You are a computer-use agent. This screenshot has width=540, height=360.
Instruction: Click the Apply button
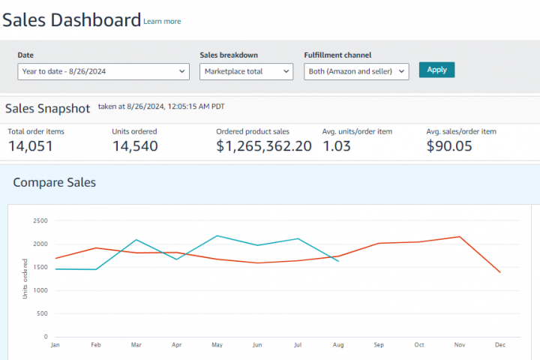tap(436, 70)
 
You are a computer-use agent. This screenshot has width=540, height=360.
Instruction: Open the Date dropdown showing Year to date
tap(103, 71)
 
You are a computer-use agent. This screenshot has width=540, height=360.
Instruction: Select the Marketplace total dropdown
tap(246, 71)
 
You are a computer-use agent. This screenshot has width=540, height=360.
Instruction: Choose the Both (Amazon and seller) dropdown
tap(356, 71)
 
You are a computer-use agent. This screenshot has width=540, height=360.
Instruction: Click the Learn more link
tap(162, 22)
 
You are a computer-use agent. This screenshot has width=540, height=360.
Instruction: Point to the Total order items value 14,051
tap(31, 146)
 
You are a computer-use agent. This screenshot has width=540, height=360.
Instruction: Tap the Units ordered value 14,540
tap(135, 146)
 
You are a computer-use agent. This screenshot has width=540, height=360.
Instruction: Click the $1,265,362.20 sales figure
tap(264, 146)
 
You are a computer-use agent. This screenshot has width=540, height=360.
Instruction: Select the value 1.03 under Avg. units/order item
tap(337, 146)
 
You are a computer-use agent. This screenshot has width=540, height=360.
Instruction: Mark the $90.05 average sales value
tap(449, 146)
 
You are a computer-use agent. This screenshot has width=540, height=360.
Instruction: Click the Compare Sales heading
tap(55, 182)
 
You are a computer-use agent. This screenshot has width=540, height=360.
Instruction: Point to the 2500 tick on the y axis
tap(40, 220)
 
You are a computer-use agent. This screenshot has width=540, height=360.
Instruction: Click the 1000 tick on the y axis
tap(40, 290)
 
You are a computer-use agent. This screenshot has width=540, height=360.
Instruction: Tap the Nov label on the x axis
tap(459, 346)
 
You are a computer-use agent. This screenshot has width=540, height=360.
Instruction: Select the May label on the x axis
tap(217, 346)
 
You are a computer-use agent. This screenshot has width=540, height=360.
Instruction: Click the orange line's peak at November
tap(460, 236)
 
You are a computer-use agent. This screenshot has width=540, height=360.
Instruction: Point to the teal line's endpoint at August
tap(338, 260)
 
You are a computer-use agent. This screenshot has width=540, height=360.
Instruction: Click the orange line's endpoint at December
tap(500, 272)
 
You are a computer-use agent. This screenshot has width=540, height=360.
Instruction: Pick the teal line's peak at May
tap(217, 235)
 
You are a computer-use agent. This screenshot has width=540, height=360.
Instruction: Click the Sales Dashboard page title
tap(71, 20)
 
